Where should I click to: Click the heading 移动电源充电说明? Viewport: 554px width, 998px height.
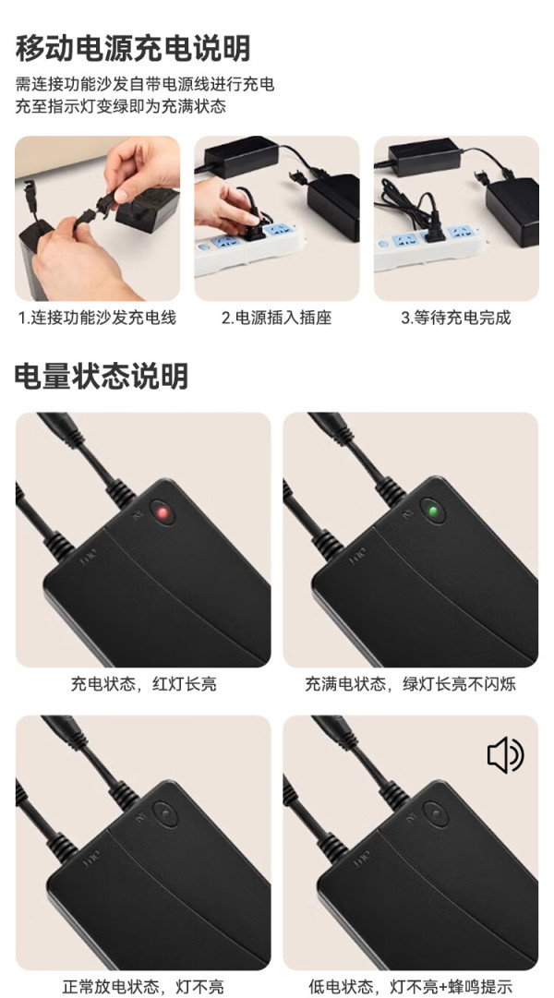tap(133, 48)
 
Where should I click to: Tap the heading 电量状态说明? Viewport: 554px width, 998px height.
tap(102, 376)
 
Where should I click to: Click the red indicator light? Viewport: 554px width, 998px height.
tap(163, 511)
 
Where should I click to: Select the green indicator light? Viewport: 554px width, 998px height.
tap(433, 511)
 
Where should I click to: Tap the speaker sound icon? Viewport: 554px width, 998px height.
tap(505, 755)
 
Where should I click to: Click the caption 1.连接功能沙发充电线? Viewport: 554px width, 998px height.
tap(97, 317)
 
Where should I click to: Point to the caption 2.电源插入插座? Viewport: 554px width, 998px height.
tap(276, 317)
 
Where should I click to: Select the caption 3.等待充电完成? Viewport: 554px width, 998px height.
tap(455, 317)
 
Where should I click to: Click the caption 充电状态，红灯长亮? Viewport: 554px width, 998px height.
tap(143, 684)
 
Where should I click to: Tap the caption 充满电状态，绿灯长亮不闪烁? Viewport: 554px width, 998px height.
tap(410, 684)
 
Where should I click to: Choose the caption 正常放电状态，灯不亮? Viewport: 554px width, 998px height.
tap(143, 987)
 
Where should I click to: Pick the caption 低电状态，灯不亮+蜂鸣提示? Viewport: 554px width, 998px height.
tap(411, 987)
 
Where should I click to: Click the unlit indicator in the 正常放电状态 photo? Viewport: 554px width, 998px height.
tap(165, 813)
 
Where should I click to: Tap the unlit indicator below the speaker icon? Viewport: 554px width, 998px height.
tap(436, 813)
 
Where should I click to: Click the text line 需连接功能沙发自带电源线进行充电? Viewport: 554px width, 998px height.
tap(145, 84)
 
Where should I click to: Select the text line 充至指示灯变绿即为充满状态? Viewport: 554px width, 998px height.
tap(121, 105)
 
